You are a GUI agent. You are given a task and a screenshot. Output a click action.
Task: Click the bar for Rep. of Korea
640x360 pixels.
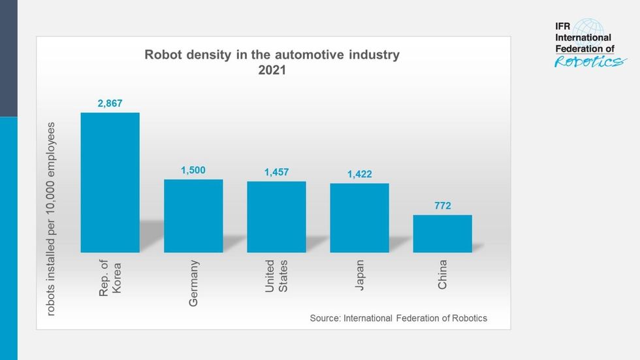click(x=110, y=182)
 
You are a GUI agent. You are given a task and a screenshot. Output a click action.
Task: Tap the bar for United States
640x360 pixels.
click(x=276, y=217)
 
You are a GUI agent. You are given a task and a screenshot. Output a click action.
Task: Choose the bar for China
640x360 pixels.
click(x=442, y=233)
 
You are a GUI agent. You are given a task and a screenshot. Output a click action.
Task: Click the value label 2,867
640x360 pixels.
click(x=110, y=103)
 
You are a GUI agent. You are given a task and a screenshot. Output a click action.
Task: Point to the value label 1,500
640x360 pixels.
click(x=193, y=170)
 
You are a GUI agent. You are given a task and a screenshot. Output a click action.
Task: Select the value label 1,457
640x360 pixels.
click(x=276, y=172)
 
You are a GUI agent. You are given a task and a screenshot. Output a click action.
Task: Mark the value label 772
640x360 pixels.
click(x=442, y=206)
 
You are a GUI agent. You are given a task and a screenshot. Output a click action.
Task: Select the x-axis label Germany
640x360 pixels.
click(x=194, y=284)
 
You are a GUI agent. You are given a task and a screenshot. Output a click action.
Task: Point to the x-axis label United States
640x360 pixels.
click(x=276, y=276)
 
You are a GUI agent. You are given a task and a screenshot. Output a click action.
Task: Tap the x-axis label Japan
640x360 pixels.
click(x=360, y=275)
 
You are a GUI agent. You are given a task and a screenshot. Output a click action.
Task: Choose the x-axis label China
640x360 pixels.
click(x=442, y=274)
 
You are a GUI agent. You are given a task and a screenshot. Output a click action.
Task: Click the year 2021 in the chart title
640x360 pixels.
click(x=272, y=71)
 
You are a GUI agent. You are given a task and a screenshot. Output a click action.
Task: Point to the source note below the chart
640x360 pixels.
click(x=398, y=318)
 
